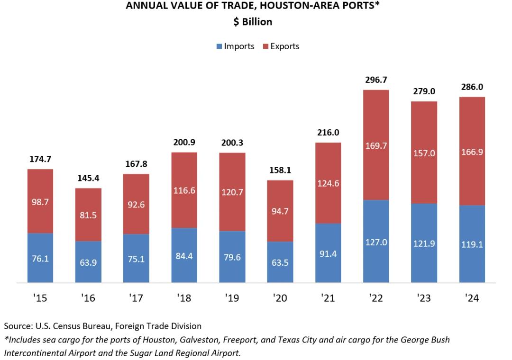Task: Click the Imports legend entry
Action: point(235,46)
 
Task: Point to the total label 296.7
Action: point(376,80)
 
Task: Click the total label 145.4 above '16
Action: point(88,178)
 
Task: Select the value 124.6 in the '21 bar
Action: point(328,183)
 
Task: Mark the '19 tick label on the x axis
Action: point(232,297)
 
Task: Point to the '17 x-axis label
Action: point(136,297)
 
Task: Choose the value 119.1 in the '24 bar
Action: point(472,245)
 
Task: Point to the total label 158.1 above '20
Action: point(280,170)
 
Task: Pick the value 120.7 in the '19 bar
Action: point(232,193)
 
